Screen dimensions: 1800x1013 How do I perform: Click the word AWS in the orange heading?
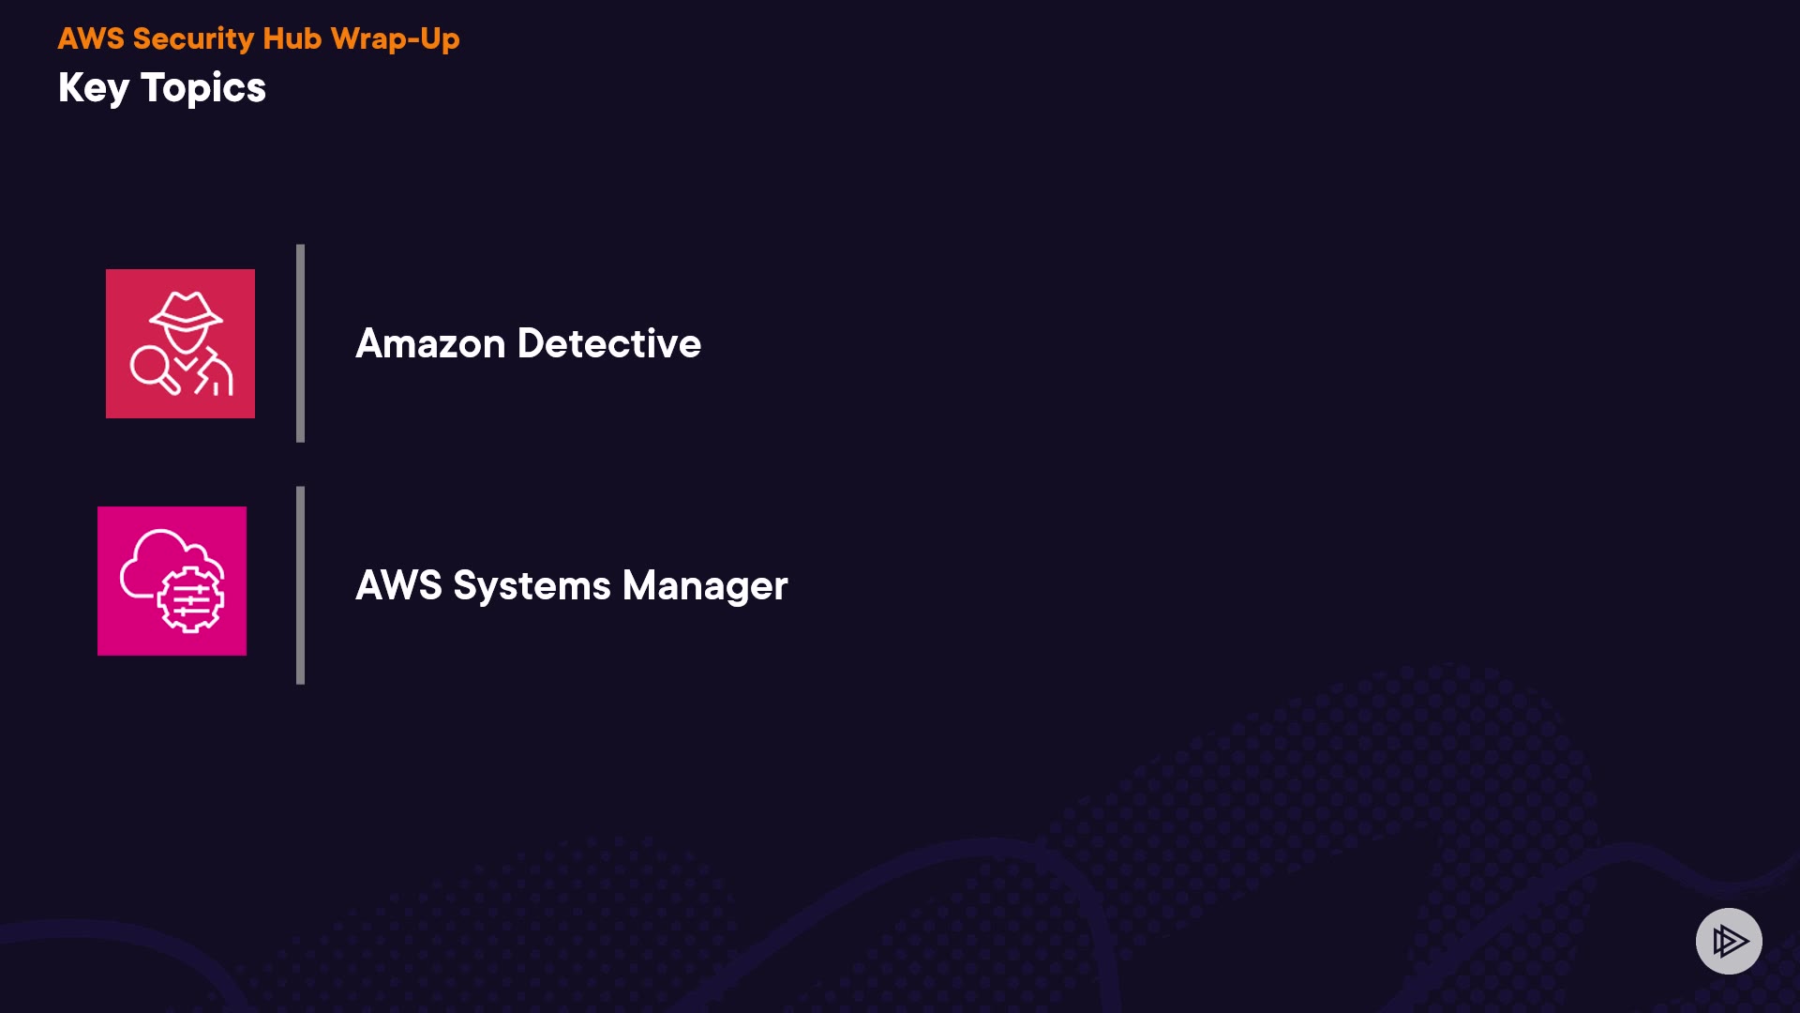coord(91,38)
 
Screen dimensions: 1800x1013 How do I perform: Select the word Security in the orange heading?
coord(193,38)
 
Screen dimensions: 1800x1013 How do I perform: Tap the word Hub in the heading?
coord(292,38)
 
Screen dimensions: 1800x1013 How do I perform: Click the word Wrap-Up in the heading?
coord(395,38)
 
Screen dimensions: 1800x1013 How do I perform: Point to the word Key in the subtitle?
coord(94,88)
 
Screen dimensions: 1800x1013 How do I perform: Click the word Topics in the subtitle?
coord(203,88)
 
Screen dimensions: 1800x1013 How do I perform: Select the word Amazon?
coord(430,343)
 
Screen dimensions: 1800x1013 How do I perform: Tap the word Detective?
coord(608,343)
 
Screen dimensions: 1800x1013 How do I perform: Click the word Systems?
coord(532,585)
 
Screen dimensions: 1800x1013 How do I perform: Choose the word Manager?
coord(705,585)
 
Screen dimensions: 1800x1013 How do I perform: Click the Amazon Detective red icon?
coord(180,343)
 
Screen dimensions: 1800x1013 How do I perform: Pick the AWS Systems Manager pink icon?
coord(172,581)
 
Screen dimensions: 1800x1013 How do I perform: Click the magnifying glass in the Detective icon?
coord(152,369)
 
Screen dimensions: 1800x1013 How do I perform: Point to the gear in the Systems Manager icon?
coord(190,599)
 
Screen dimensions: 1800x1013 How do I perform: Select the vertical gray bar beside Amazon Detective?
coord(300,343)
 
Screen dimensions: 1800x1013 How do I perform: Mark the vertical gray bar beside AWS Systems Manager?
coord(300,585)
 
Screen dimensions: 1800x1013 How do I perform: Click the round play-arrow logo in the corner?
coord(1729,941)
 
